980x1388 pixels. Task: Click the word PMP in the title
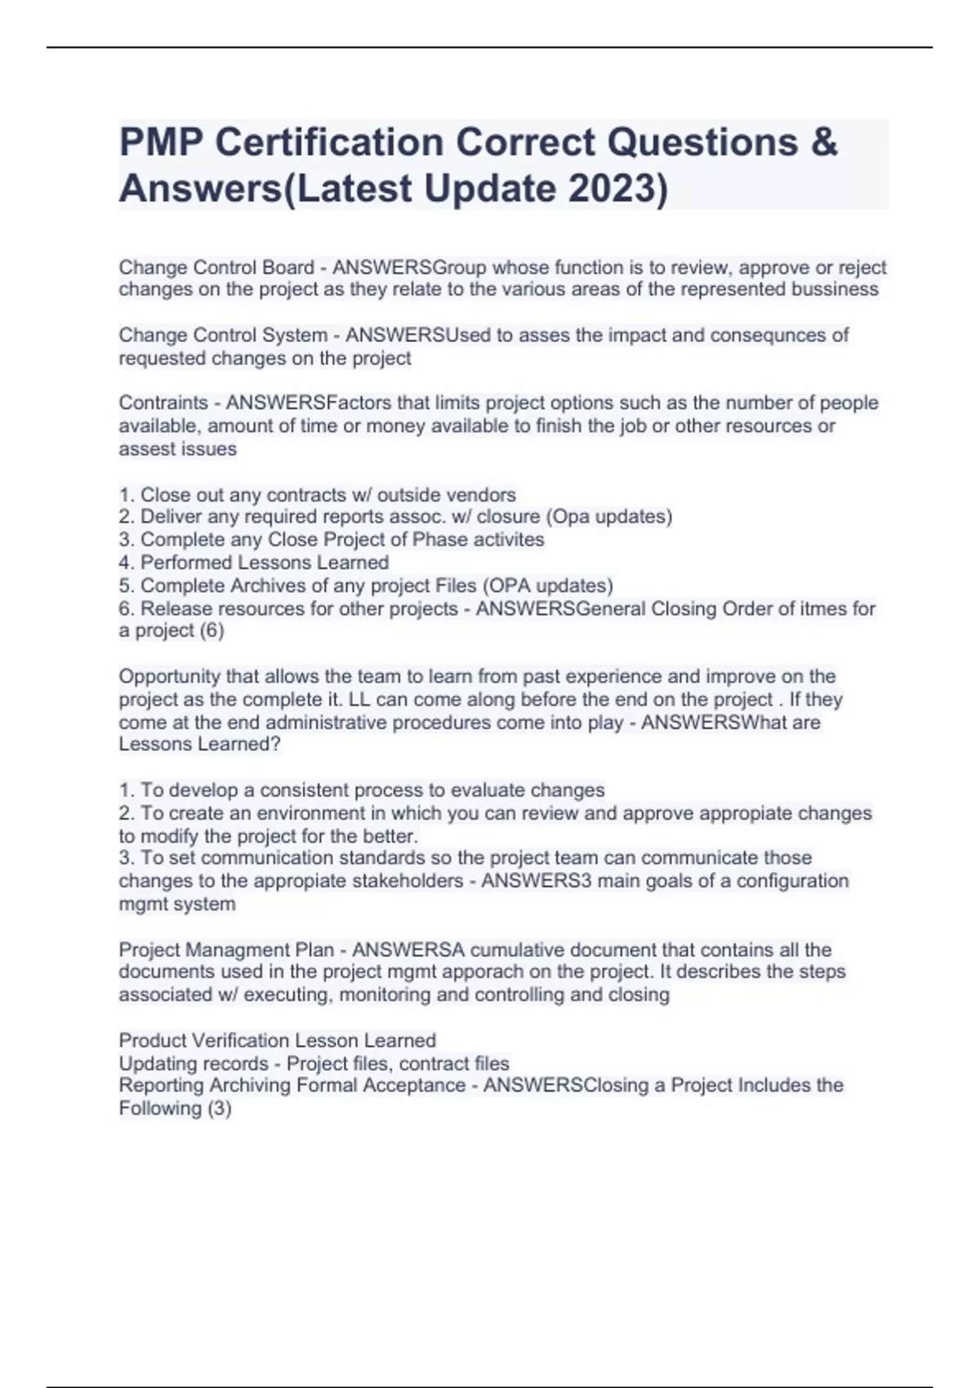161,142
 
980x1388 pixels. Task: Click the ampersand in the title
825,142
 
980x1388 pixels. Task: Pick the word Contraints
163,403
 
